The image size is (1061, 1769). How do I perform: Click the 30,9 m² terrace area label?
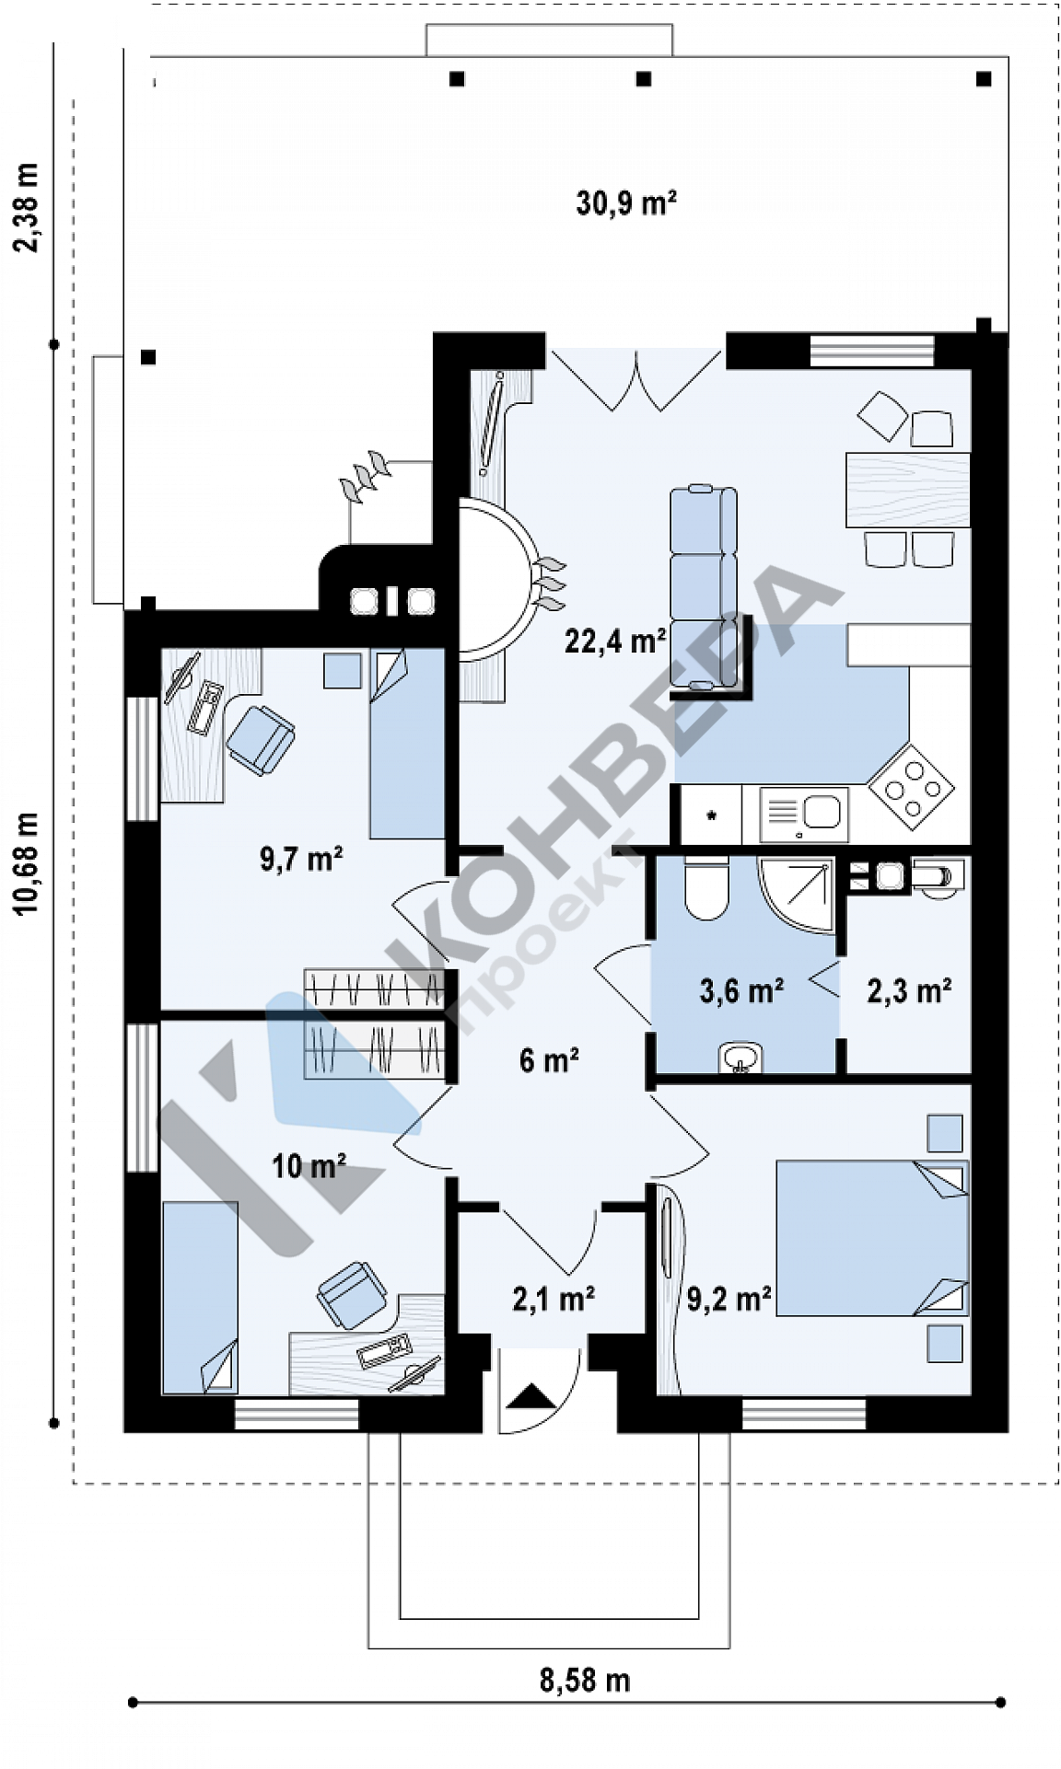[x=626, y=202]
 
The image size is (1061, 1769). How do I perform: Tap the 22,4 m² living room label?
[x=615, y=640]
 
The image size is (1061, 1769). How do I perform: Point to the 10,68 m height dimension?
[x=27, y=863]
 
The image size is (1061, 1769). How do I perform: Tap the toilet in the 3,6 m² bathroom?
[x=706, y=887]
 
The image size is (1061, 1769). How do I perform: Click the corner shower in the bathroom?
[x=796, y=894]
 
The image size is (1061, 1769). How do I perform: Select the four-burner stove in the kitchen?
[x=912, y=785]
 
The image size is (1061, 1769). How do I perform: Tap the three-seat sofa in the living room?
[x=703, y=588]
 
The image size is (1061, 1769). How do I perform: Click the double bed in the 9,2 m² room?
[x=872, y=1237]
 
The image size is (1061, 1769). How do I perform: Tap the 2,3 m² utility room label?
[x=909, y=990]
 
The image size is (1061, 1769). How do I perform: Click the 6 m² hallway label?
[x=549, y=1059]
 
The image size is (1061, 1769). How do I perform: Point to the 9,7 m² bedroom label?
[x=301, y=859]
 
